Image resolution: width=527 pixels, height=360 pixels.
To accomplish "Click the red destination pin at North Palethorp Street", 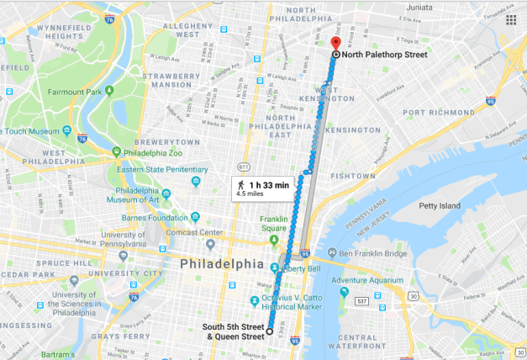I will pyautogui.click(x=335, y=44).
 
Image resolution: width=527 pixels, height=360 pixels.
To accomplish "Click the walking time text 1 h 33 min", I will pyautogui.click(x=269, y=183).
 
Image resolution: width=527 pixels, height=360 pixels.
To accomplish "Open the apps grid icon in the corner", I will pyautogui.click(x=511, y=19).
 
